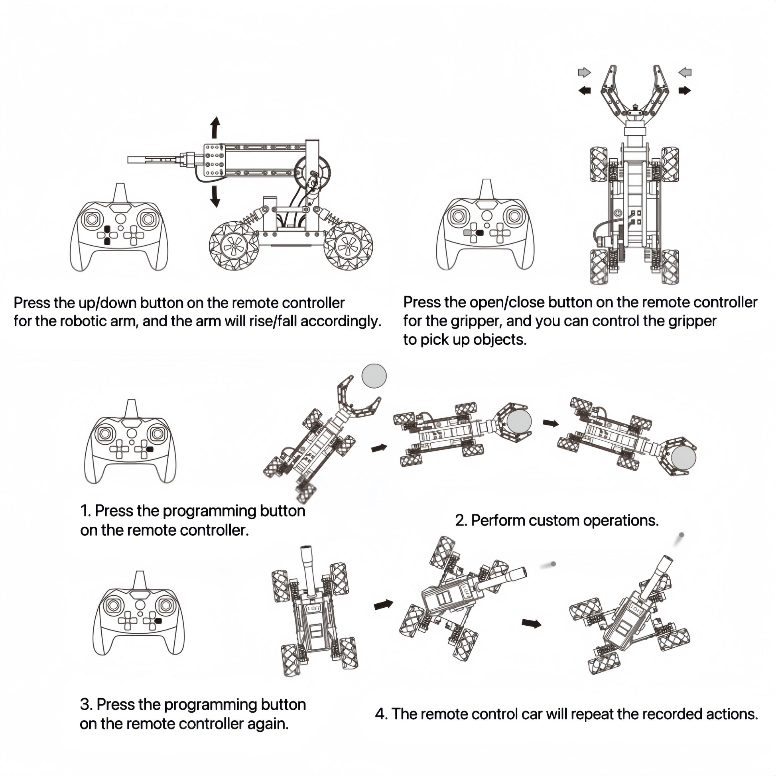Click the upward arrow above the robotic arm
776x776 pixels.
tap(216, 128)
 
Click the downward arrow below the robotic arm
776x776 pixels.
tap(216, 197)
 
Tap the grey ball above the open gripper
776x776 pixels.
tap(374, 376)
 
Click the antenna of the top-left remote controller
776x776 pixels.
tap(120, 193)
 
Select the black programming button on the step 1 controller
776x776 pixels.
tap(150, 449)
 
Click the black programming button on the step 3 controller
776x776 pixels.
tap(158, 620)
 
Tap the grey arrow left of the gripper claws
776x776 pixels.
tap(584, 72)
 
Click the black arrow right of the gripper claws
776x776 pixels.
tap(685, 91)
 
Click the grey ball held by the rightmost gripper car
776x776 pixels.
tap(683, 457)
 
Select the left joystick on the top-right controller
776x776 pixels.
tap(458, 216)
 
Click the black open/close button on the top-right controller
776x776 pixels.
tap(479, 232)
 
